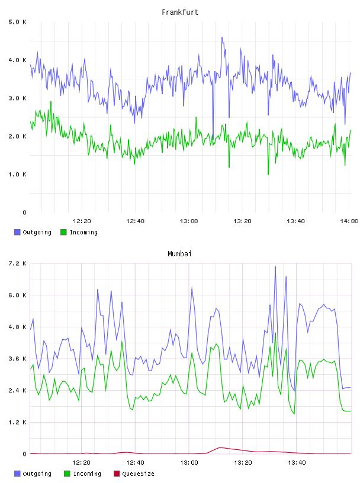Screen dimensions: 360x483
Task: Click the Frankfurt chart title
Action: [x=180, y=12]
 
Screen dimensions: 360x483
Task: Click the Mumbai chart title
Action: [x=179, y=254]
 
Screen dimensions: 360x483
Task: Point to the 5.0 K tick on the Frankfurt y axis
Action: [x=17, y=22]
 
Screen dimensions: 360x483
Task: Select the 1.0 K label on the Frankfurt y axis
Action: [x=17, y=175]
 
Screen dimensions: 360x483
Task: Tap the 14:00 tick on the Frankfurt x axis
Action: [x=349, y=221]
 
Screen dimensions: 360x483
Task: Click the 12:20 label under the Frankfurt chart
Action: [x=82, y=221]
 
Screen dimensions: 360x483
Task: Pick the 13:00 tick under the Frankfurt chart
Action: [x=189, y=221]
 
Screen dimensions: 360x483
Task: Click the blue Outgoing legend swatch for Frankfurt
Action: [x=17, y=232]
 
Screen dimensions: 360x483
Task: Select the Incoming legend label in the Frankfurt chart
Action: [x=83, y=232]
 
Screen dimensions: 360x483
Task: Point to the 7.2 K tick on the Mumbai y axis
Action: [x=17, y=263]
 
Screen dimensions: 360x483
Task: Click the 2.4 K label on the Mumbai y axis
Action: [x=17, y=390]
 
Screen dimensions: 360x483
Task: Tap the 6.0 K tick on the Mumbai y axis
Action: [x=17, y=295]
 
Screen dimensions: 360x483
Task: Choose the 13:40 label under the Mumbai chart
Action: [x=297, y=462]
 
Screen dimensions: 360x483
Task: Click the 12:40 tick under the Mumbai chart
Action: [x=135, y=462]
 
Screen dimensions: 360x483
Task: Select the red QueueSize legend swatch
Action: [x=117, y=474]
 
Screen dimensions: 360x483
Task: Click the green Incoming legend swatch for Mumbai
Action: [x=67, y=474]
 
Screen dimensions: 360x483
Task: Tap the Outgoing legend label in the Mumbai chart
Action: [x=37, y=474]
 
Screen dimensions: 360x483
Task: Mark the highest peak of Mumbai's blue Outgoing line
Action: [x=275, y=267]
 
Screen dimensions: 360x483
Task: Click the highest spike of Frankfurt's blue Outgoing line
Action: [x=222, y=38]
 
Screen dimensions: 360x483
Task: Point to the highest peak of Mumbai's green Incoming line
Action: [x=275, y=333]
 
